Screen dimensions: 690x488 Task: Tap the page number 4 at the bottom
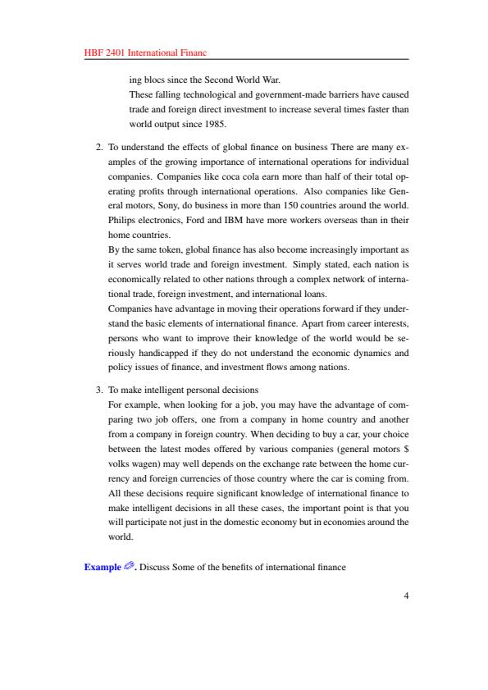[x=406, y=596]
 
